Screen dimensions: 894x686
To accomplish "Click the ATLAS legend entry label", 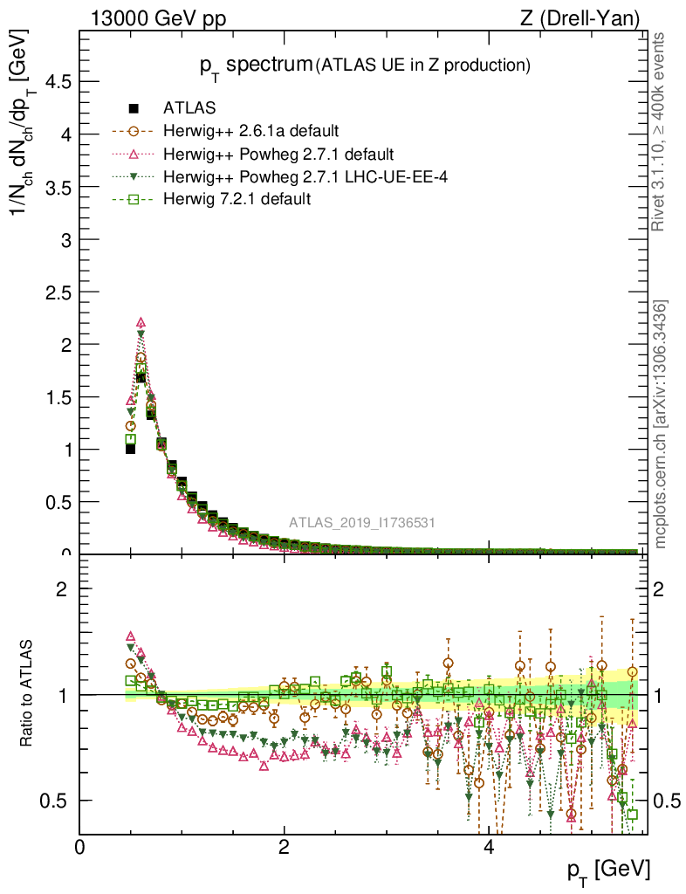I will point(189,108).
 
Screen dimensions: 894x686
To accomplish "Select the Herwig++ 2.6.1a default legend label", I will point(250,132).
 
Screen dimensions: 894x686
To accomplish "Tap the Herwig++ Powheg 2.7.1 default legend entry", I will point(272,155).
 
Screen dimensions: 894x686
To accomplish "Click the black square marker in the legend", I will point(134,108).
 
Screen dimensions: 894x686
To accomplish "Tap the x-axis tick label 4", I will point(489,848).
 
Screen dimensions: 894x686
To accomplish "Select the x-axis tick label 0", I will point(79,848).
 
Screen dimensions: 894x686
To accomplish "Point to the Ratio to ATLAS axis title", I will point(28,694).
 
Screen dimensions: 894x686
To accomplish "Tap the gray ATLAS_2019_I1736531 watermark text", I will point(362,523).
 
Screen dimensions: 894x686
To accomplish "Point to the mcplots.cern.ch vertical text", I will point(661,423).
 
